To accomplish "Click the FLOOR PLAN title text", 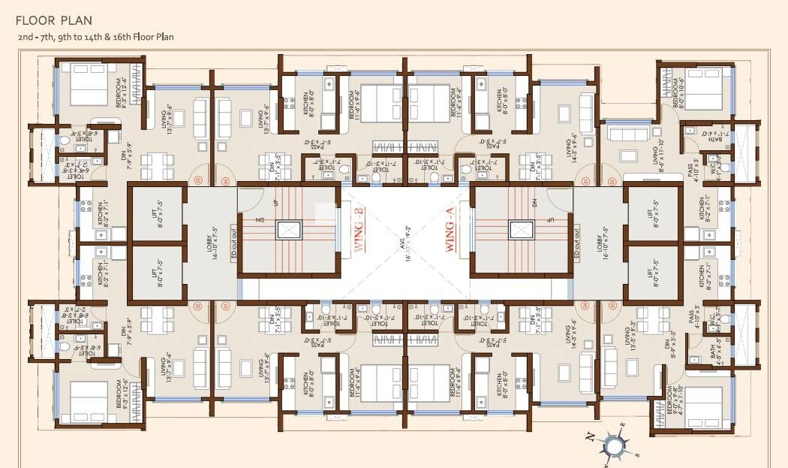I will point(53,20).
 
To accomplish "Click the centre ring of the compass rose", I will point(613,446).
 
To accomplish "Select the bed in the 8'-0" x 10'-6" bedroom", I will point(705,89).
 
